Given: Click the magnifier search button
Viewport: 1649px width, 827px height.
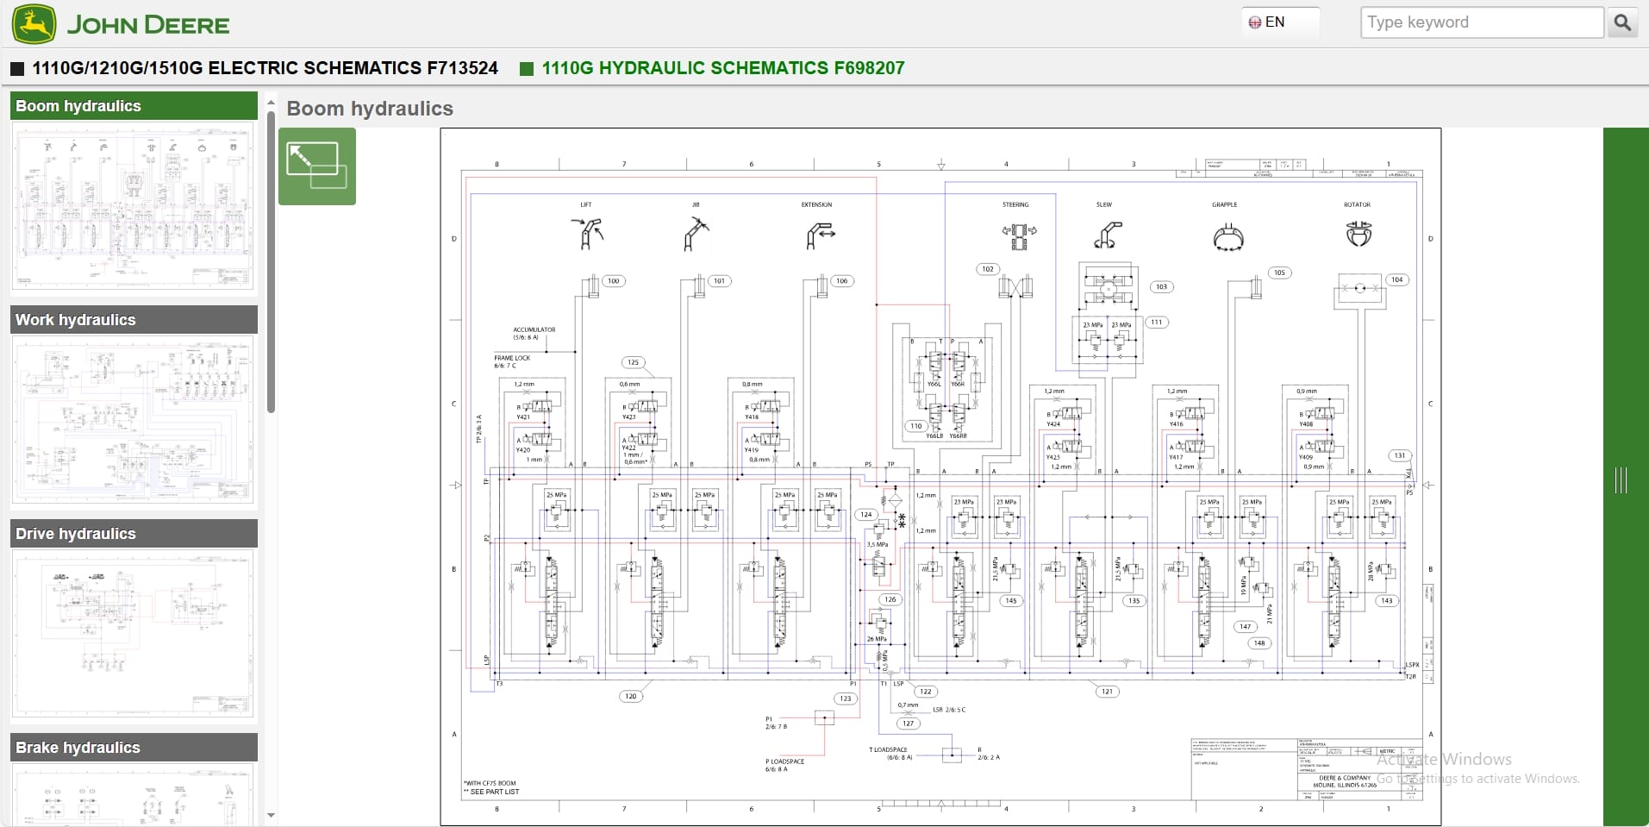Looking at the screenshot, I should click(1621, 22).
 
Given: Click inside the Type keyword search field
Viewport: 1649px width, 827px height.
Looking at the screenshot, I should click(1481, 22).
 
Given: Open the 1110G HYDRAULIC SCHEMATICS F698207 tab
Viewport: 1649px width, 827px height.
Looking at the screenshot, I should click(722, 68).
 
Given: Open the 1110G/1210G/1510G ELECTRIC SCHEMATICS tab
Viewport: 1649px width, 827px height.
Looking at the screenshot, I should click(265, 68).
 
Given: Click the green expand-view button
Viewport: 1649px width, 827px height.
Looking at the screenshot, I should click(316, 166).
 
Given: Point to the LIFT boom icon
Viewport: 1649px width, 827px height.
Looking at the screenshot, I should click(587, 234).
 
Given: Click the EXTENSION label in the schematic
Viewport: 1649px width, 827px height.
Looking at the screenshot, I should click(816, 205).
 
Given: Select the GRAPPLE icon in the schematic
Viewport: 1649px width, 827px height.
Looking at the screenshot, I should click(1227, 237).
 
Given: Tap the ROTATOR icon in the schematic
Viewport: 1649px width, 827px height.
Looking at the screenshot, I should click(1359, 233).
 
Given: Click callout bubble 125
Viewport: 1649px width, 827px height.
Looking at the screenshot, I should click(634, 362).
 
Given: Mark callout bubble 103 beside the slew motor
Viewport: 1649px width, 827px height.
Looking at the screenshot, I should click(1161, 286).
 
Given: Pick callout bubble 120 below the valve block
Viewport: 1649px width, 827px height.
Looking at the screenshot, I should click(631, 696).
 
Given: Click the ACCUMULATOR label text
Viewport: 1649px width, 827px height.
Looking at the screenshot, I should click(534, 329).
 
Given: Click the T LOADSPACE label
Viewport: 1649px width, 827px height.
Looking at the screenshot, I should click(888, 750).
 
